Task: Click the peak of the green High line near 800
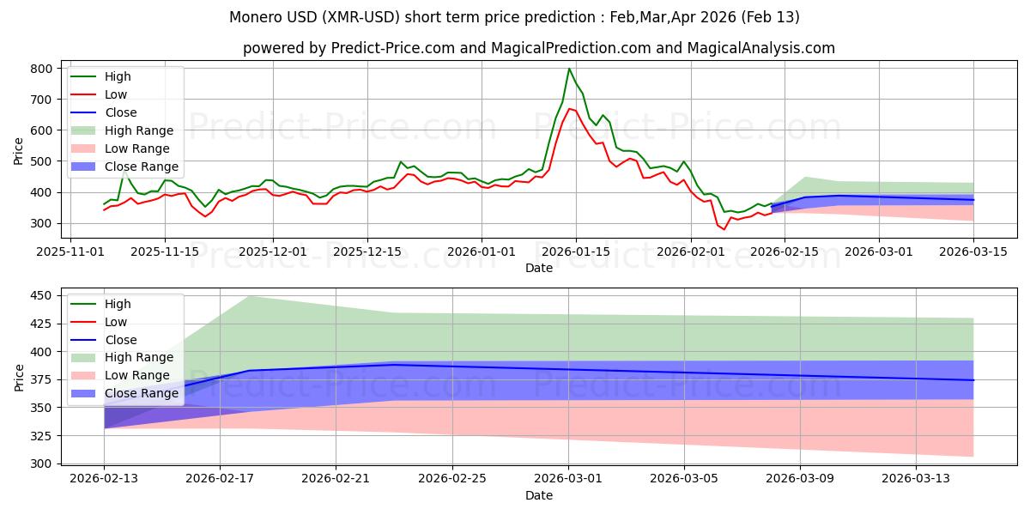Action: (569, 69)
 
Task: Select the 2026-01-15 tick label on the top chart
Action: (575, 251)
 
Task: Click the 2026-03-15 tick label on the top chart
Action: (973, 251)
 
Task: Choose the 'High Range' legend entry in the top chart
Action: (139, 130)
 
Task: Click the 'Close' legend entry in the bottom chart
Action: (120, 340)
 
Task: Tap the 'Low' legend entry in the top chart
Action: (117, 94)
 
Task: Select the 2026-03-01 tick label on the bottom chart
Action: (569, 479)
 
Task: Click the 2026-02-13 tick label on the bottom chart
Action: (105, 479)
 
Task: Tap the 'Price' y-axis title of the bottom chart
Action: (19, 378)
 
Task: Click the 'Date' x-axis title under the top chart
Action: (539, 268)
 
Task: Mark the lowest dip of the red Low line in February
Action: (724, 229)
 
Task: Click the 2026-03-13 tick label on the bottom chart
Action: (917, 479)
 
